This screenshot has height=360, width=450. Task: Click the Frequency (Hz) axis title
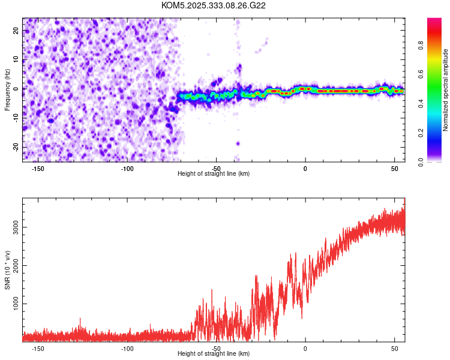pyautogui.click(x=8, y=89)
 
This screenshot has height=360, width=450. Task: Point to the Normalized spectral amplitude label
pyautogui.click(x=445, y=90)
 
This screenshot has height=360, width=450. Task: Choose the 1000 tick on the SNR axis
pyautogui.click(x=13, y=304)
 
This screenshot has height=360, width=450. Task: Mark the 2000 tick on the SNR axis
pyautogui.click(x=13, y=266)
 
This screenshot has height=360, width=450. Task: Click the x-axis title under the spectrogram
pyautogui.click(x=214, y=174)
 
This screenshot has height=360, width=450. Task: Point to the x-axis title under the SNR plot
pyautogui.click(x=214, y=354)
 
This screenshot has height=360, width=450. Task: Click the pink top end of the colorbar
pyautogui.click(x=434, y=22)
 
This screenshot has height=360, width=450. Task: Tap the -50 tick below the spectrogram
pyautogui.click(x=216, y=169)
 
